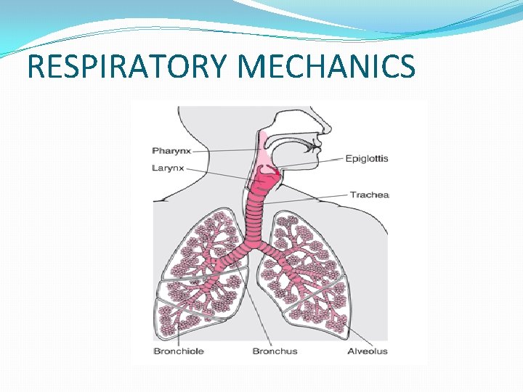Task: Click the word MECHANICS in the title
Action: (x=326, y=66)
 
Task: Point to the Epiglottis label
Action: (x=367, y=158)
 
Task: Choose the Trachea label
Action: (x=370, y=195)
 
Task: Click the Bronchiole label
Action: (x=178, y=351)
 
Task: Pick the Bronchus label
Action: (x=275, y=351)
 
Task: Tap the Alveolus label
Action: (x=367, y=351)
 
